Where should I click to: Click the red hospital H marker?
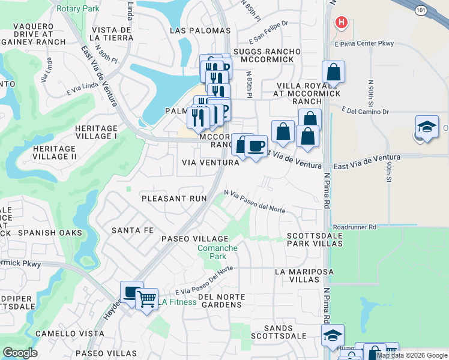point(342,23)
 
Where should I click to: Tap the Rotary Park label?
point(77,8)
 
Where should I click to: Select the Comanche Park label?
point(218,252)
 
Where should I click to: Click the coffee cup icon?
point(256,146)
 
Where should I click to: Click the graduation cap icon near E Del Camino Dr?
point(426,127)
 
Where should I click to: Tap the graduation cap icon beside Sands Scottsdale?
point(333,335)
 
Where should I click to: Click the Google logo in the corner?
point(20,353)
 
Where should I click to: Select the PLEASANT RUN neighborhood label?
point(174,198)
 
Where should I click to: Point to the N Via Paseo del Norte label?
point(255,201)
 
